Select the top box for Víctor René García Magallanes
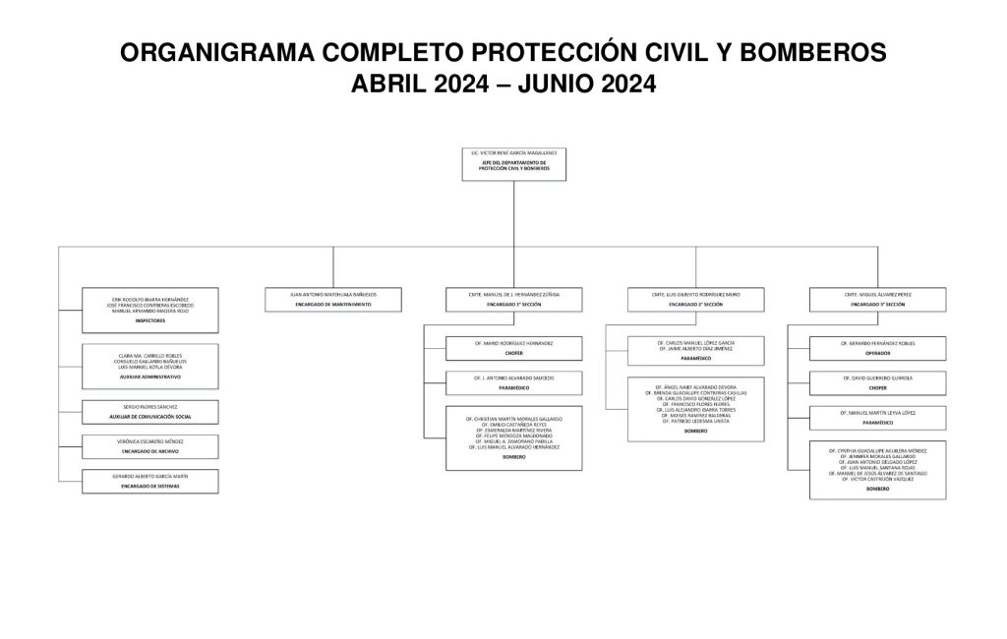[x=513, y=163]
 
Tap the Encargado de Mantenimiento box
[x=332, y=299]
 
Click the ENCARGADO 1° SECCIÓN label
[x=514, y=305]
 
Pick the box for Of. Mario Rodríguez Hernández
[x=514, y=347]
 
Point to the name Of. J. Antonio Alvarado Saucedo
[x=514, y=378]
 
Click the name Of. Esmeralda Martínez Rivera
[x=514, y=430]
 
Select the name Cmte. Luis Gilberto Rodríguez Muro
[x=695, y=293]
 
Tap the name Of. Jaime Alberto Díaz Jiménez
[x=695, y=349]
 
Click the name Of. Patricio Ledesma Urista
[x=695, y=421]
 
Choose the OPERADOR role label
[x=877, y=352]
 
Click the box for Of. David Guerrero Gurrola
[x=877, y=382]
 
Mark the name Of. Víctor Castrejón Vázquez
[x=877, y=479]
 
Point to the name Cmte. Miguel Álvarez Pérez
[x=877, y=293]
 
